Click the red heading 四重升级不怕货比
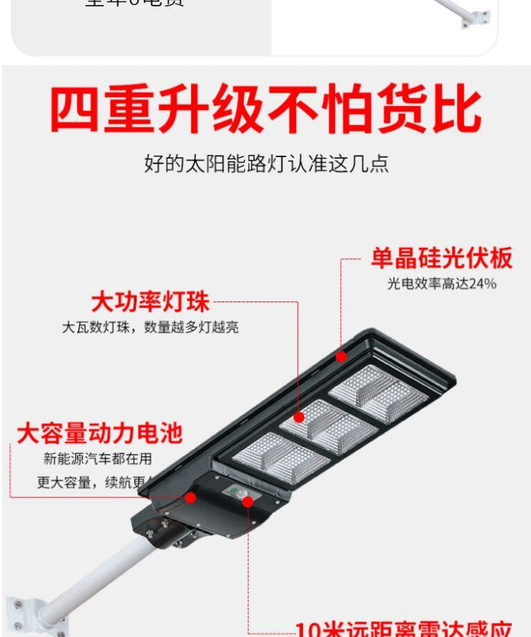click(x=265, y=110)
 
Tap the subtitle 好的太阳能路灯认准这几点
click(x=266, y=165)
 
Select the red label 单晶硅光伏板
click(x=441, y=258)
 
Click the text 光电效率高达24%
click(x=441, y=284)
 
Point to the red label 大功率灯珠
click(x=150, y=302)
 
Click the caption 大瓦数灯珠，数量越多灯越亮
click(x=150, y=327)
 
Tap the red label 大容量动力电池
click(x=99, y=432)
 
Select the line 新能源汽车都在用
click(x=98, y=459)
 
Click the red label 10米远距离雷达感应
click(x=404, y=629)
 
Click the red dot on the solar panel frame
click(x=342, y=357)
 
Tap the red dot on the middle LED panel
click(x=299, y=418)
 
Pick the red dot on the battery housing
click(x=190, y=498)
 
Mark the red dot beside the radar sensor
click(x=248, y=501)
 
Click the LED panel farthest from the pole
click(x=378, y=393)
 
